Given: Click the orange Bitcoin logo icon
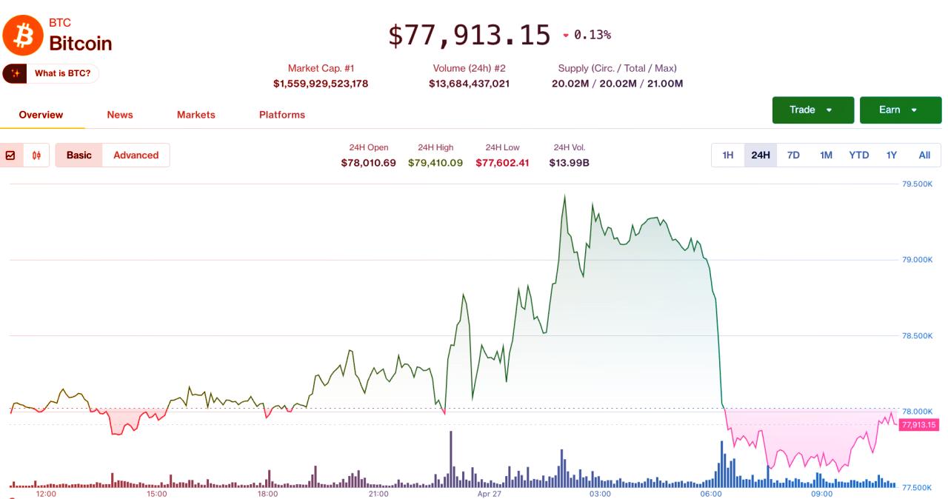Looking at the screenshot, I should (x=23, y=35).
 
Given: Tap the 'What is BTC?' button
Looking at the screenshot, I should (x=51, y=73).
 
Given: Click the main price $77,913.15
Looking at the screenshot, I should (x=470, y=35).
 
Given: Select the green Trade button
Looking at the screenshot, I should (x=812, y=110).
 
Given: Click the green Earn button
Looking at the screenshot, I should (x=900, y=110).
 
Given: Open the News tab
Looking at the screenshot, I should (x=119, y=115).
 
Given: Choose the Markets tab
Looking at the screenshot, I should (x=196, y=115).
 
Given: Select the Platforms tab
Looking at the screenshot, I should (x=281, y=115).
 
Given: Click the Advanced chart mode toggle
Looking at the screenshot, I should (x=136, y=155).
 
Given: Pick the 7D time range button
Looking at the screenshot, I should (x=793, y=155).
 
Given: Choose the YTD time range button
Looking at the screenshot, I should (x=858, y=155).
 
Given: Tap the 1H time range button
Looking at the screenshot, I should (x=727, y=155).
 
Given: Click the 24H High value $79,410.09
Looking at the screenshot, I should (x=435, y=163).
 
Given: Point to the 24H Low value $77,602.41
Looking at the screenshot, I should (x=502, y=163).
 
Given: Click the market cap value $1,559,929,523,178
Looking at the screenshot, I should (x=320, y=84).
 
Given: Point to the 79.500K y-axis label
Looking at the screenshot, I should (x=917, y=184).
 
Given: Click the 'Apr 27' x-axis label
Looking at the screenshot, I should (x=490, y=493).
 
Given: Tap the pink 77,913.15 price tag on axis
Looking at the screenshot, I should (x=918, y=425).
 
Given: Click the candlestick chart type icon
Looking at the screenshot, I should (x=36, y=155).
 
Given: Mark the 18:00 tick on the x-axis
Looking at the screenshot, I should (x=267, y=493).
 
